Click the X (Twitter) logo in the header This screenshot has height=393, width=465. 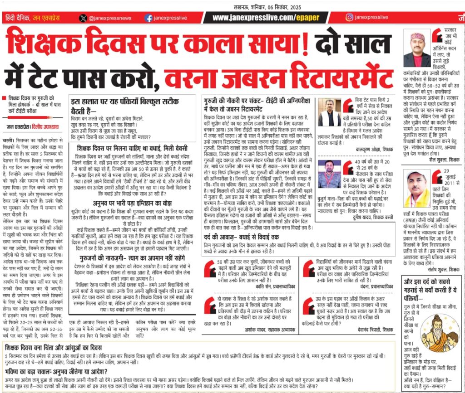coord(83,18)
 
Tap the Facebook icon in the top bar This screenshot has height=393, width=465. coord(148,18)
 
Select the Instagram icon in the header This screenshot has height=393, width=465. coord(349,17)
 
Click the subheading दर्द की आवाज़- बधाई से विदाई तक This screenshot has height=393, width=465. coord(244,237)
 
